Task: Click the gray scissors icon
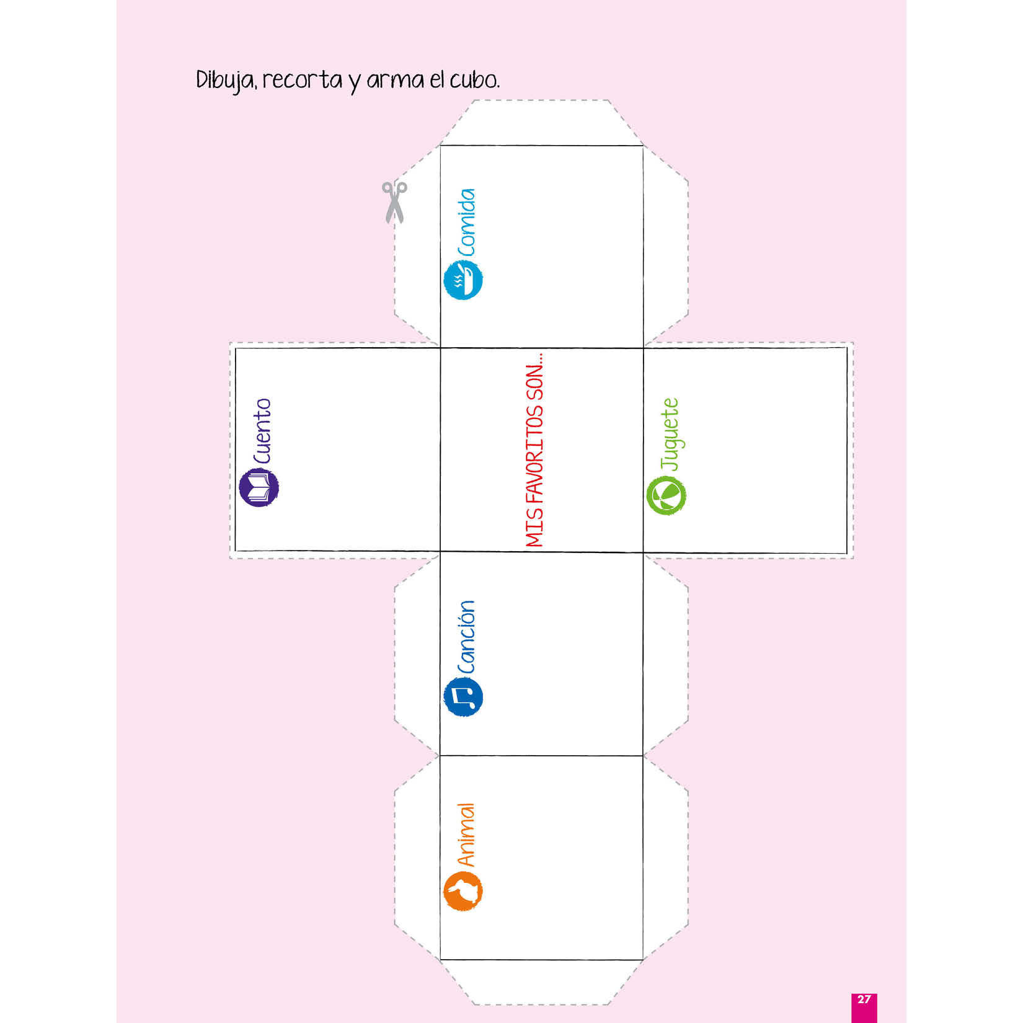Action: pos(394,202)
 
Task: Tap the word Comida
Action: pos(466,223)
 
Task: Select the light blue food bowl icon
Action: pos(463,280)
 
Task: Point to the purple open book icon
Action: pos(259,487)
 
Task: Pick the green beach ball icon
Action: pos(666,495)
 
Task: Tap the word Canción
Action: pos(466,637)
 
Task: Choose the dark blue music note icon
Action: pos(463,696)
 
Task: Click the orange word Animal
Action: pos(466,835)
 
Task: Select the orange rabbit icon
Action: pos(463,891)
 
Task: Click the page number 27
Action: pos(864,999)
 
